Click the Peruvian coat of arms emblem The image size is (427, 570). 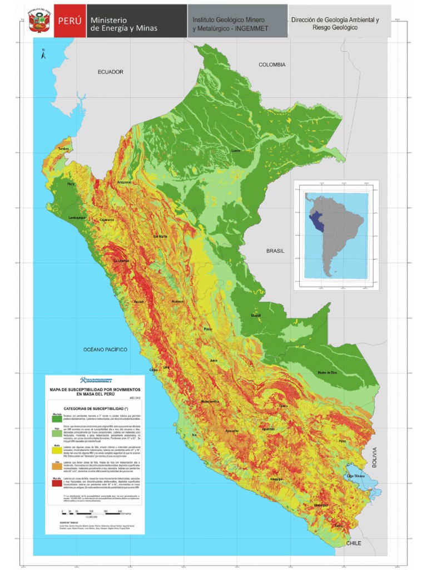pyautogui.click(x=38, y=21)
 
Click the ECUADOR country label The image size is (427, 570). pyautogui.click(x=111, y=72)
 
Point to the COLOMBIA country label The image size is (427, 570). pyautogui.click(x=272, y=65)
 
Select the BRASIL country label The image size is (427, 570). pyautogui.click(x=275, y=251)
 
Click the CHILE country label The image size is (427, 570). pyautogui.click(x=355, y=543)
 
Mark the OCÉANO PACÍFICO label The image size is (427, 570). pyautogui.click(x=105, y=350)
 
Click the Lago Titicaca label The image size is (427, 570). pyautogui.click(x=355, y=476)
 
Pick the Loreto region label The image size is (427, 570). pyautogui.click(x=236, y=151)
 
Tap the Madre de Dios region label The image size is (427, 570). pyautogui.click(x=328, y=372)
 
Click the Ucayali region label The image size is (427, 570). pyautogui.click(x=256, y=316)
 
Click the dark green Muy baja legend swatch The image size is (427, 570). pyautogui.click(x=57, y=419)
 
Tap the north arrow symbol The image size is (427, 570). pyautogui.click(x=43, y=53)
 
